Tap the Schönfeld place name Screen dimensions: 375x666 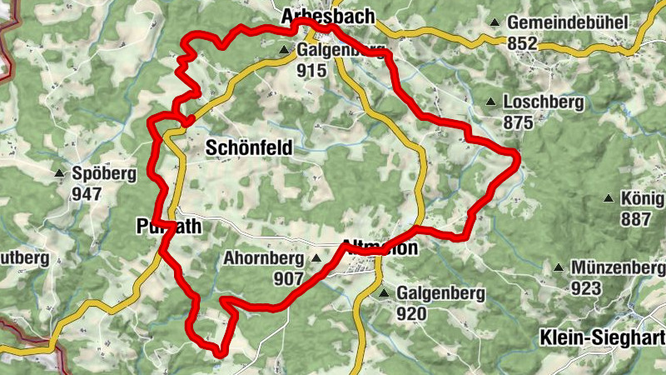248,148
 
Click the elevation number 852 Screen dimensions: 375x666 521,42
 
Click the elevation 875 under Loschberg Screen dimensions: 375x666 518,122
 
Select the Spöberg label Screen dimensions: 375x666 104,174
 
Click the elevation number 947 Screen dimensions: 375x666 87,194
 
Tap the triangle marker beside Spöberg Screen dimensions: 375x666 59,174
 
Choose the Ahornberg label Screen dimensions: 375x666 263,258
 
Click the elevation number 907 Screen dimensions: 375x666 288,278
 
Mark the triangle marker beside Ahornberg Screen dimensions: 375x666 316,258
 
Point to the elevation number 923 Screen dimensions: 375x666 586,288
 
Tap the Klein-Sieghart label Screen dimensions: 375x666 602,337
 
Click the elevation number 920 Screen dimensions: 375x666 411,314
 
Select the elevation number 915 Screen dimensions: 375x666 311,71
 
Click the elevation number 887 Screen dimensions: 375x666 635,219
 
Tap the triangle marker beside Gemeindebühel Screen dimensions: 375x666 495,22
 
